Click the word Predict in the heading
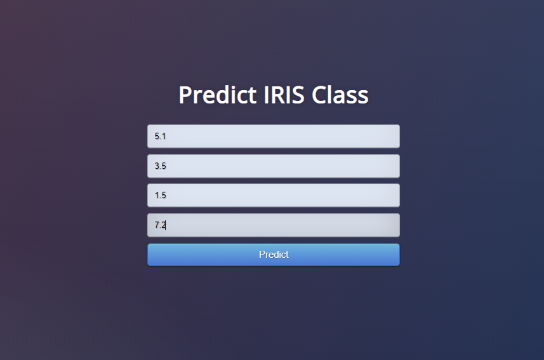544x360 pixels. pos(218,95)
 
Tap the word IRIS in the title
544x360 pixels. pos(284,95)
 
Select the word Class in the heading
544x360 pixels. pos(340,95)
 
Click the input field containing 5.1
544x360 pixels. pos(274,136)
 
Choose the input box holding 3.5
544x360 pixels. pos(274,166)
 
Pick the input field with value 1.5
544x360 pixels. pos(274,195)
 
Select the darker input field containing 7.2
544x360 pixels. pos(274,225)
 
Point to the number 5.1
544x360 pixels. pos(160,136)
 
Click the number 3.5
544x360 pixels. pos(161,166)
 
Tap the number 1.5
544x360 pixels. pos(161,195)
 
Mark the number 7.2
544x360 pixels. pos(160,225)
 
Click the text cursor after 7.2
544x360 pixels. pos(166,225)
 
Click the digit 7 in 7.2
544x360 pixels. pos(156,225)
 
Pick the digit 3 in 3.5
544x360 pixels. pos(156,166)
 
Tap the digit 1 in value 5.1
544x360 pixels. pos(164,136)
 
